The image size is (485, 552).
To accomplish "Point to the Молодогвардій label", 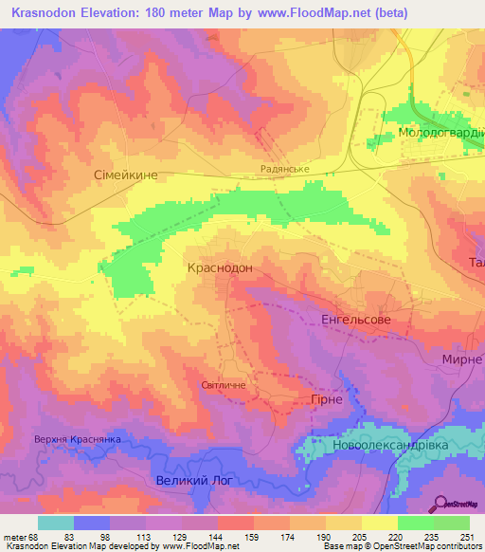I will click(x=440, y=133).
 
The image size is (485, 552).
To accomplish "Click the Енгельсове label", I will click(x=356, y=321).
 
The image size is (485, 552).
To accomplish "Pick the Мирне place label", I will click(x=462, y=360).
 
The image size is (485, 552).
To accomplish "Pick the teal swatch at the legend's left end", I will click(x=56, y=523).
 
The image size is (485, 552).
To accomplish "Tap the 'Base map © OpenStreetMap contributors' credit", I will click(x=402, y=546).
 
